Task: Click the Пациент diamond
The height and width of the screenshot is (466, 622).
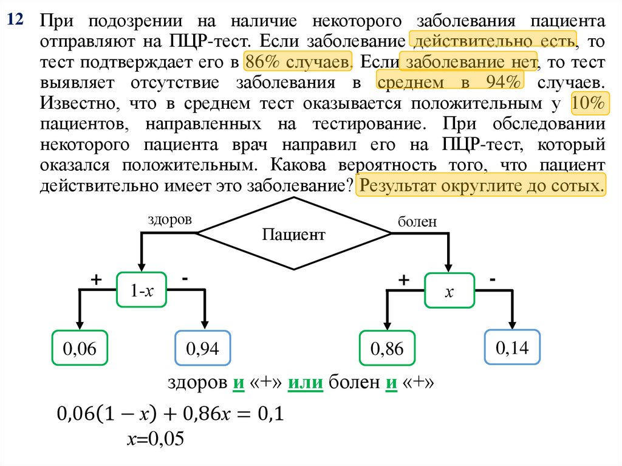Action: point(294,234)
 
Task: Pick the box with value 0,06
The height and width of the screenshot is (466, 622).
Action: point(80,349)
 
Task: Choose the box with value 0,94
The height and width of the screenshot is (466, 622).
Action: point(202,349)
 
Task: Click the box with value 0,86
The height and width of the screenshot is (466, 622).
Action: point(386,349)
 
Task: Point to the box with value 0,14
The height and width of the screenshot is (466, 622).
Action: point(512,348)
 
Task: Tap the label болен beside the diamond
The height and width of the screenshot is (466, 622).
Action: point(417,222)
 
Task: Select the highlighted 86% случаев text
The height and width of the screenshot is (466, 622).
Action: point(298,62)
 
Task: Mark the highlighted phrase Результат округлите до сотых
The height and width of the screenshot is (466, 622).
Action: point(481,185)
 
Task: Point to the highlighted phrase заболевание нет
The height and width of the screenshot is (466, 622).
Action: point(469,62)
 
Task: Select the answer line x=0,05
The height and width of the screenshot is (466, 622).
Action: point(154,439)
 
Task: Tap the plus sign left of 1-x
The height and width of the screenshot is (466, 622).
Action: point(95,279)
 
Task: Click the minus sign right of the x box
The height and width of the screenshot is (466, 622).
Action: point(492,279)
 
